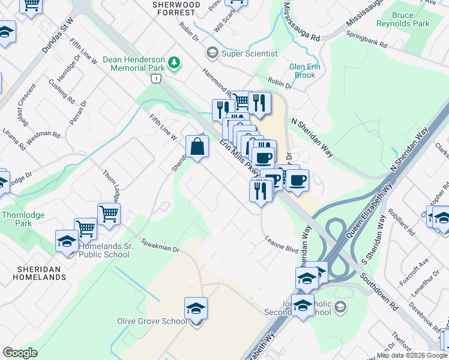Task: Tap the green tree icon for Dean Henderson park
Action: [x=174, y=62]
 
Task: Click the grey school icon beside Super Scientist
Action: [x=211, y=53]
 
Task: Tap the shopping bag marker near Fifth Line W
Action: [x=197, y=146]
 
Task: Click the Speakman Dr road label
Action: [x=160, y=245]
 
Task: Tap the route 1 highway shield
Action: [x=157, y=79]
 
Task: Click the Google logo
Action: [x=20, y=352]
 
